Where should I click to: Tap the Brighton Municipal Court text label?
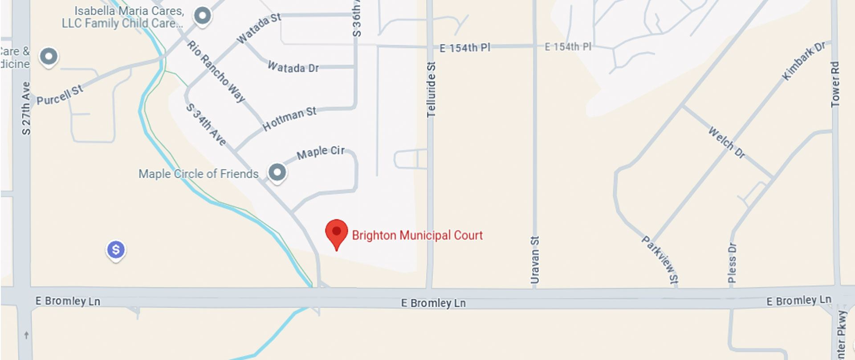(417, 235)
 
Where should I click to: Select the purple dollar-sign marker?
(116, 250)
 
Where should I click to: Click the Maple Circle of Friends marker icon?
(277, 172)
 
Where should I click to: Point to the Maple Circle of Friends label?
(198, 174)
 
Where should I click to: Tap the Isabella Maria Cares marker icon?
(203, 16)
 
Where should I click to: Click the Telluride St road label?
(431, 89)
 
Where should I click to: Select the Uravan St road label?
(535, 260)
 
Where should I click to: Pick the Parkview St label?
(660, 259)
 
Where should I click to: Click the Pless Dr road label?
(732, 263)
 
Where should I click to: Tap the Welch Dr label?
(727, 143)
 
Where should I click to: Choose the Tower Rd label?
(835, 84)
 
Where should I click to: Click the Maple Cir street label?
(321, 152)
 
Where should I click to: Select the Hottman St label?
(289, 119)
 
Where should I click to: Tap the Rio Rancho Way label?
(216, 71)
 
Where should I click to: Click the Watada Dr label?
(293, 67)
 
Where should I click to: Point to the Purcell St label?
(60, 95)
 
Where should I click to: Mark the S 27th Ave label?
(26, 108)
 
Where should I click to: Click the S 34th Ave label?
(206, 124)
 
